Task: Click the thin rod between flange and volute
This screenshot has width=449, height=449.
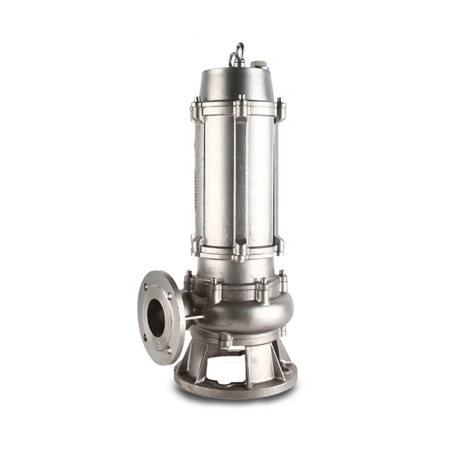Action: click(x=194, y=318)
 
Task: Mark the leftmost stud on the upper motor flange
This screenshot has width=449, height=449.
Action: click(x=197, y=104)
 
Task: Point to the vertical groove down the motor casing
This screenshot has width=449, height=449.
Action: click(x=241, y=180)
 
